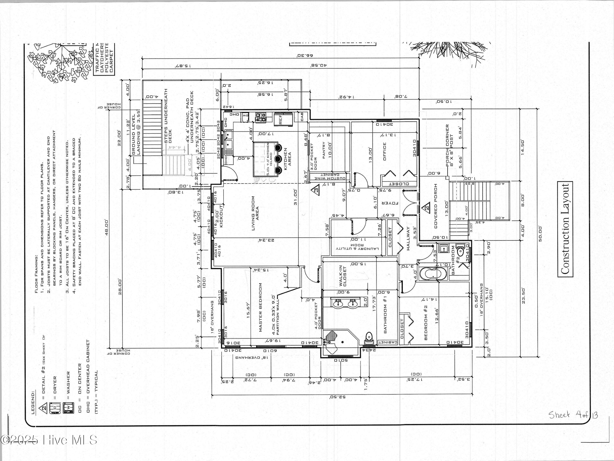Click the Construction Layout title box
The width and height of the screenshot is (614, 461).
pyautogui.click(x=565, y=229)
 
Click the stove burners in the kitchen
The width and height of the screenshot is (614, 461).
pyautogui.click(x=261, y=117)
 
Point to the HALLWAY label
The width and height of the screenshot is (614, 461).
pyautogui.click(x=408, y=239)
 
